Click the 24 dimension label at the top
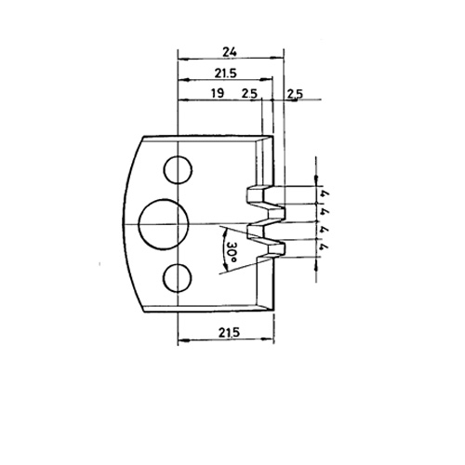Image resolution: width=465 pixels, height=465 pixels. (x=230, y=52)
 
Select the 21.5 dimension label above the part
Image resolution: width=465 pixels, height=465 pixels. (x=226, y=73)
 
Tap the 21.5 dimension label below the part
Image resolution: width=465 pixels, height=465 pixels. (x=229, y=333)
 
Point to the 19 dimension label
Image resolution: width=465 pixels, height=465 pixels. (x=218, y=93)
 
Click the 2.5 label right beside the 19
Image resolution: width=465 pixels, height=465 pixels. (x=249, y=93)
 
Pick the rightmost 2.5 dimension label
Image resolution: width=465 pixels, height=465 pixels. (x=295, y=94)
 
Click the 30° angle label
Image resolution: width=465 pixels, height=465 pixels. (x=232, y=251)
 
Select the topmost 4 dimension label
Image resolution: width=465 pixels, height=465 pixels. (x=325, y=195)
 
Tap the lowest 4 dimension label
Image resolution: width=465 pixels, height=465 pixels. (x=325, y=247)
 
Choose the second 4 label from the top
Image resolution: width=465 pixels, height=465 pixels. (x=325, y=212)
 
